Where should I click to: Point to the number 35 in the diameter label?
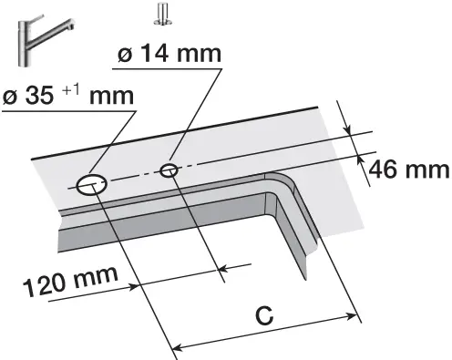click(40, 96)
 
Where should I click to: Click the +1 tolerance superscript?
click(72, 90)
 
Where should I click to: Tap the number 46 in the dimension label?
click(384, 170)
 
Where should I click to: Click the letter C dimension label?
click(264, 315)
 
